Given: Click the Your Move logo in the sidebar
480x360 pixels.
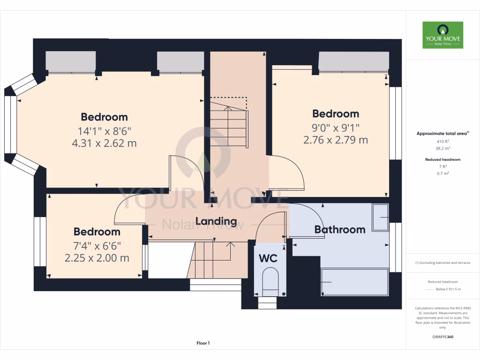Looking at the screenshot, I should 442,35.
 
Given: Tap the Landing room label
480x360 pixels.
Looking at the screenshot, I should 216,221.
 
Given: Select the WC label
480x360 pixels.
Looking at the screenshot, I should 268,258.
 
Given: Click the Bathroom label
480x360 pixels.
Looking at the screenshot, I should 339,229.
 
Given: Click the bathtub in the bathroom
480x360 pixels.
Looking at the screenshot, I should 354,282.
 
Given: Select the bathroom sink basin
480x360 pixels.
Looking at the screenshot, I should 380,217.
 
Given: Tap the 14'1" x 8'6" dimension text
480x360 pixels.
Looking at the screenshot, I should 104,131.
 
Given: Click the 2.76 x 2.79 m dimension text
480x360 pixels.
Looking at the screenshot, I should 336,140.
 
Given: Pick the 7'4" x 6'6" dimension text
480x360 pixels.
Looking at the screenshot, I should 97,245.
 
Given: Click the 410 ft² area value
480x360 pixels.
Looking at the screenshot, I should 442,141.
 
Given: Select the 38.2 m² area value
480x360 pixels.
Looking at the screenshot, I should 442,148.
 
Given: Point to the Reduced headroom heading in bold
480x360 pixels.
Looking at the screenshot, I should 442,159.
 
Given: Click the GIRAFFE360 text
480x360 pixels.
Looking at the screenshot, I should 442,337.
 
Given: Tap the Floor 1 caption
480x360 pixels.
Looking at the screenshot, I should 203,344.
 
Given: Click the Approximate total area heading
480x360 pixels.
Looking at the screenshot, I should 442,134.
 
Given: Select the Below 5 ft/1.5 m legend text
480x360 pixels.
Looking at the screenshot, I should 448,290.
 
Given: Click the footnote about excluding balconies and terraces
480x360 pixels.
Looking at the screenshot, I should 442,262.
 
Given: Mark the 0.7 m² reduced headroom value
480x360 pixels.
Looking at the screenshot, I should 442,173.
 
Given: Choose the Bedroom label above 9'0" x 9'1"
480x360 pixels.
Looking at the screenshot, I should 336,114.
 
